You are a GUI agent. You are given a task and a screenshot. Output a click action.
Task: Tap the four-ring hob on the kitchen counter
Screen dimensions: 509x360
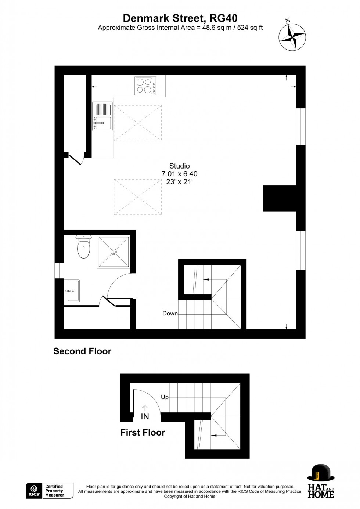[145, 86]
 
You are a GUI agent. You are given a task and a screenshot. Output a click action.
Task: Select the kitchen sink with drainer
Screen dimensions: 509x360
[102, 116]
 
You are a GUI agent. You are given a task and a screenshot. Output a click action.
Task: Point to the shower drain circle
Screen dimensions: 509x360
[114, 252]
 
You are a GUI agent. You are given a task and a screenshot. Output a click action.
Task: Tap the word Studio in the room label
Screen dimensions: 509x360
[179, 166]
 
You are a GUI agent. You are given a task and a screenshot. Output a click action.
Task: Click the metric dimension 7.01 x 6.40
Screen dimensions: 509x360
[179, 174]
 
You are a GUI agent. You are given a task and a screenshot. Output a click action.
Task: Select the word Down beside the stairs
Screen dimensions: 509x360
[170, 313]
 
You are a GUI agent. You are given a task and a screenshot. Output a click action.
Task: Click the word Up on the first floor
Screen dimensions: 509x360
[165, 397]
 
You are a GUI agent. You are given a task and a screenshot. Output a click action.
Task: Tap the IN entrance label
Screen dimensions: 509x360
[145, 416]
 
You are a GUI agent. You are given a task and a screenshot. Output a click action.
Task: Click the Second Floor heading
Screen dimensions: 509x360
[82, 351]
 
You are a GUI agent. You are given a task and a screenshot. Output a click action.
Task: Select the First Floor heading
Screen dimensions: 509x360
[143, 432]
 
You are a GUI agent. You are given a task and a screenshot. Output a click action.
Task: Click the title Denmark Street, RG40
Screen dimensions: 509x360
[180, 18]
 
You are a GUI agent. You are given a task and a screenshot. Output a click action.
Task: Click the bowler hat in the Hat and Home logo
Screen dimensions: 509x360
[321, 473]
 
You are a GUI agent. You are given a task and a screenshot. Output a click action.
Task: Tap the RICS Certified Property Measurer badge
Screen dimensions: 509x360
[50, 491]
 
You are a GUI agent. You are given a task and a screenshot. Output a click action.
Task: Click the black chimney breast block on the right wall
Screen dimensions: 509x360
[280, 198]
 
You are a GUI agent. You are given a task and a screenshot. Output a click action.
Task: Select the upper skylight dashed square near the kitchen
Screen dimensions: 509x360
[138, 123]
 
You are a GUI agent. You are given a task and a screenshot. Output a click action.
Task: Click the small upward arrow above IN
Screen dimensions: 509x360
[145, 407]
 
